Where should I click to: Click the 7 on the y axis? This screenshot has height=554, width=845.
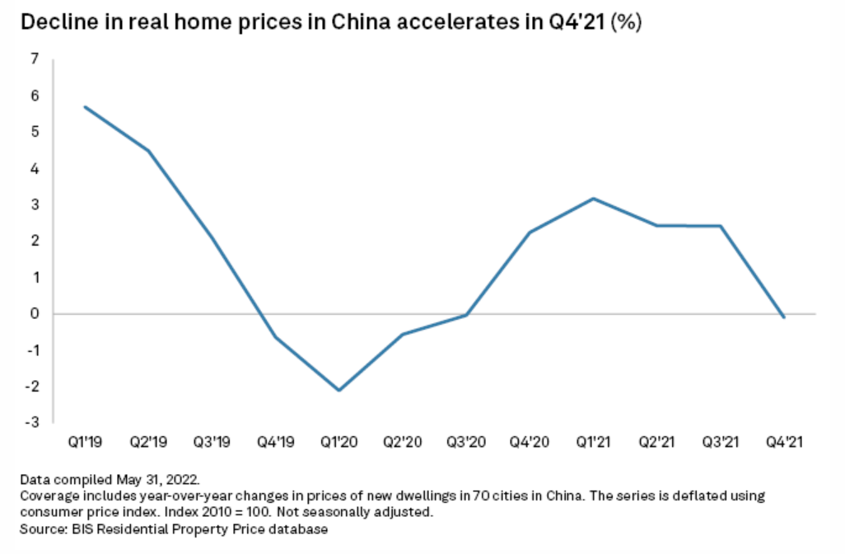click(34, 59)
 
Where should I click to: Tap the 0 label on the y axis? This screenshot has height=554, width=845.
click(34, 314)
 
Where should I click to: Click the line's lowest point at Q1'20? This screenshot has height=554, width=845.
click(338, 390)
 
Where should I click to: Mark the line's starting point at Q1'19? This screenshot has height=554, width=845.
click(85, 106)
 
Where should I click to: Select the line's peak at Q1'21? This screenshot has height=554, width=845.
click(593, 198)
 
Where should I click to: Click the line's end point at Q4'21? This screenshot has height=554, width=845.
click(783, 317)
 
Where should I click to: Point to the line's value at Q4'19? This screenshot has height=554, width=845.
click(275, 336)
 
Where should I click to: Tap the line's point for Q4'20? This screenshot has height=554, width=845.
click(530, 232)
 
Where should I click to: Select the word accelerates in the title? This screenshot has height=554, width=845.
click(470, 22)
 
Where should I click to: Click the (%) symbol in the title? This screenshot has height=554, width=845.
click(623, 22)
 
